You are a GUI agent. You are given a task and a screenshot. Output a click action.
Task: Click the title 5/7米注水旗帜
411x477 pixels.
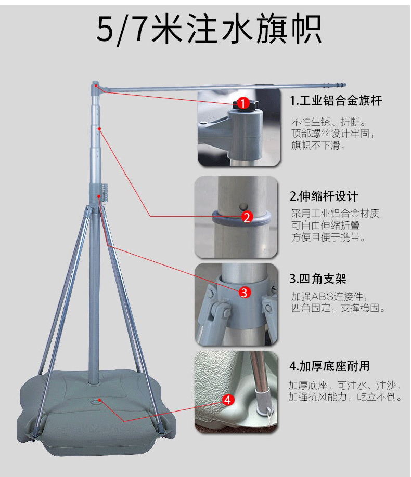[209, 29]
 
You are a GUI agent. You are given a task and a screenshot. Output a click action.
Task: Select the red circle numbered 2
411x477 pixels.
[247, 217]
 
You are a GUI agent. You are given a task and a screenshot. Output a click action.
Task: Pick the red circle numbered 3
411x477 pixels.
[245, 293]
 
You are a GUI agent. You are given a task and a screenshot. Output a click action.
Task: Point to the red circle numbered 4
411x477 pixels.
[228, 400]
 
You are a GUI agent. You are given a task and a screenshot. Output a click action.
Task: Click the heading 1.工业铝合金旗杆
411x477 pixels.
[336, 100]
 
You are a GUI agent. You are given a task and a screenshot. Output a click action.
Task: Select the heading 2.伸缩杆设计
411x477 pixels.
[324, 196]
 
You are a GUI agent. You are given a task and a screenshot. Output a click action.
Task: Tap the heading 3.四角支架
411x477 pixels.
[318, 279]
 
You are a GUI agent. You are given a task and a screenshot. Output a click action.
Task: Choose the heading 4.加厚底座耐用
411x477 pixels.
[330, 366]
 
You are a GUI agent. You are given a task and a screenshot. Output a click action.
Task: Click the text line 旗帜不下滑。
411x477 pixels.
[319, 145]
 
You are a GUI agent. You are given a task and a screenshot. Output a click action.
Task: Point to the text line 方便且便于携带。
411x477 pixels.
[329, 237]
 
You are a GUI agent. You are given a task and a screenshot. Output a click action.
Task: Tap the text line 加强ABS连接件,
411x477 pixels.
[330, 296]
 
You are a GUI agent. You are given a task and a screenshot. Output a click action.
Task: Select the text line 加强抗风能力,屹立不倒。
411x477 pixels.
[345, 396]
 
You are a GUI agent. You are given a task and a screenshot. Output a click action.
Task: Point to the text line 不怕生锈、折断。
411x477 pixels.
[329, 122]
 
